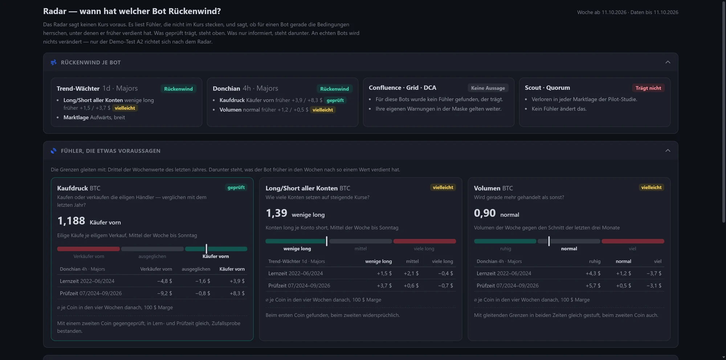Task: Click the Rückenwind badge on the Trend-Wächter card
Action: click(178, 89)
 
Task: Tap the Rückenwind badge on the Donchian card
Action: click(334, 89)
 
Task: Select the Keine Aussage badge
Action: click(488, 88)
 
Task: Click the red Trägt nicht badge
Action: click(648, 88)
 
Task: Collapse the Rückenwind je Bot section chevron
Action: click(668, 62)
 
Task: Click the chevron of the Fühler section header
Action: click(668, 151)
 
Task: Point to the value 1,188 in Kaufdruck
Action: click(71, 221)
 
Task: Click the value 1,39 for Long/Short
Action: click(276, 213)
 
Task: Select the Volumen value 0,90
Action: click(485, 213)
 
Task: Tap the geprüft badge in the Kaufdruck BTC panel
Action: click(236, 187)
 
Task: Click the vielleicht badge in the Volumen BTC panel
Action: click(651, 187)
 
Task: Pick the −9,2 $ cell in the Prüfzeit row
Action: click(164, 293)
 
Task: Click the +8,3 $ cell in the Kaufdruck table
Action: click(237, 293)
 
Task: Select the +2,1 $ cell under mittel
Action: click(411, 273)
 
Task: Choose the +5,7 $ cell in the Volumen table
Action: click(593, 286)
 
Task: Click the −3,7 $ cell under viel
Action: click(654, 273)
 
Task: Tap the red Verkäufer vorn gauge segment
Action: click(88, 249)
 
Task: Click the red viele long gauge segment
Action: click(425, 241)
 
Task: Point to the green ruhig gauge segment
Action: click(505, 241)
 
